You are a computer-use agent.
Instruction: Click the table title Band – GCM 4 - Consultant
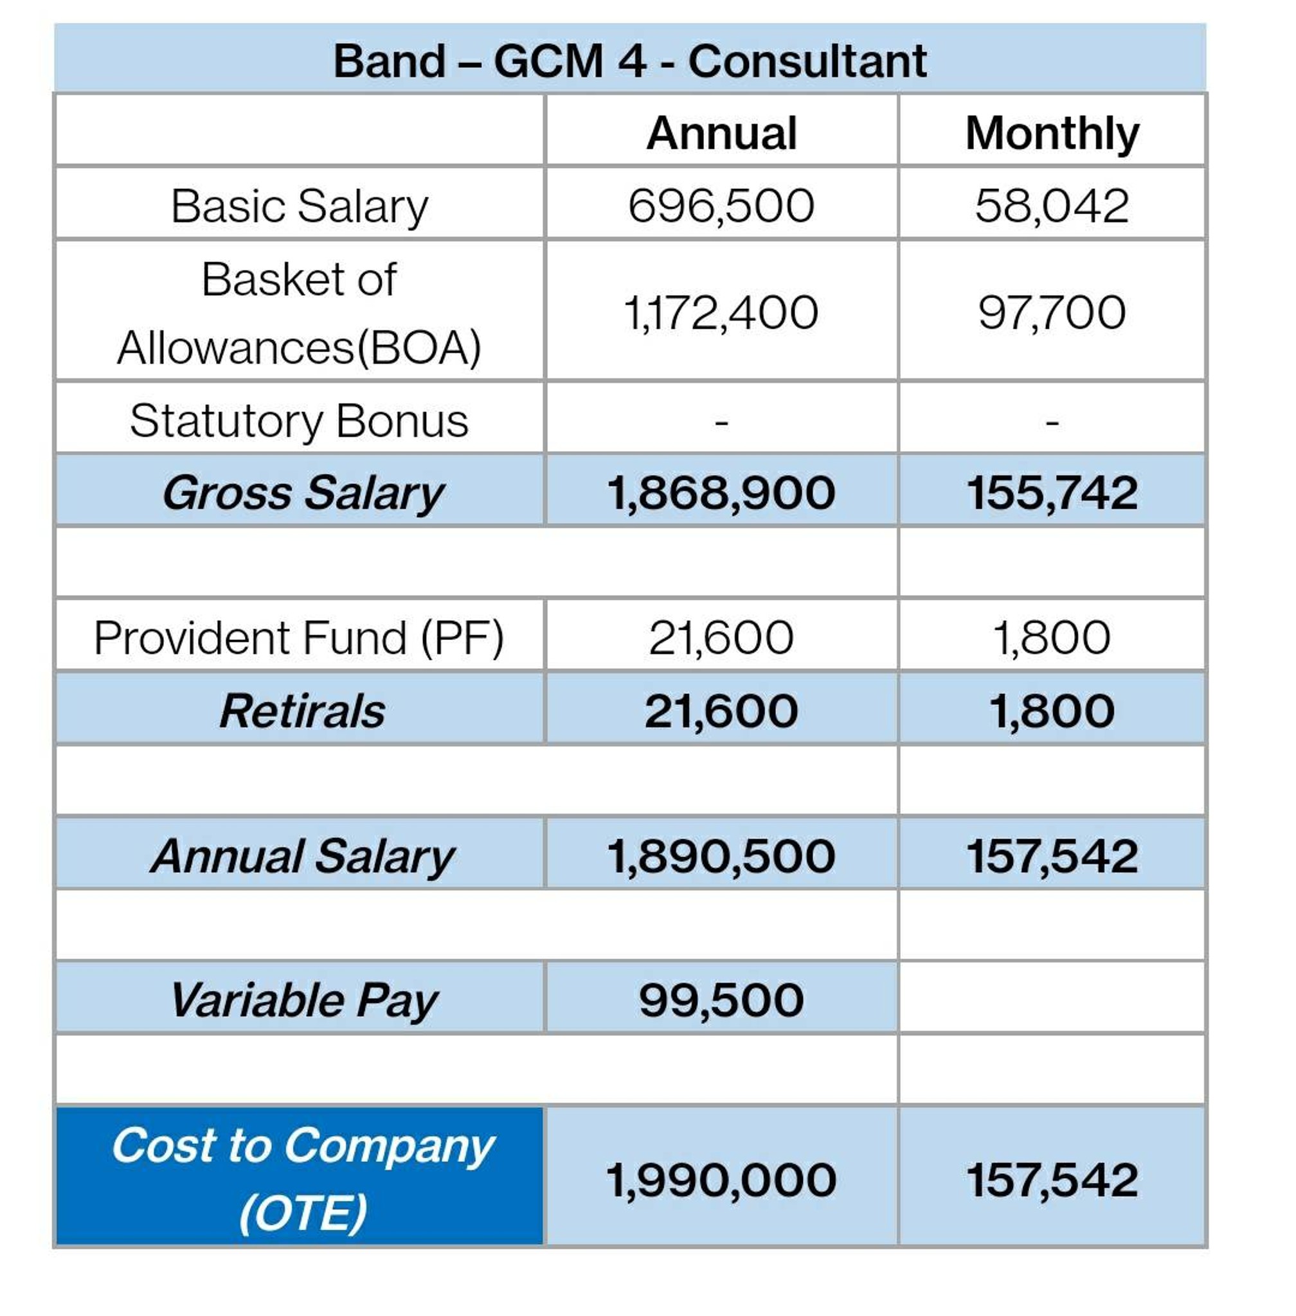point(629,61)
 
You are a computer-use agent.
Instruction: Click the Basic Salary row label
point(300,207)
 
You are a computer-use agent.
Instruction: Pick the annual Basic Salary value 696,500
point(721,206)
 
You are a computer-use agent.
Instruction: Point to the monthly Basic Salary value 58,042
point(1052,206)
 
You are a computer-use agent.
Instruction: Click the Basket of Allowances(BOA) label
point(300,313)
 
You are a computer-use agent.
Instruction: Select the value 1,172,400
point(721,313)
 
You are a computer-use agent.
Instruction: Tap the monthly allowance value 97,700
point(1052,313)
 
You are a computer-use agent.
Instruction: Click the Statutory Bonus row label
point(300,420)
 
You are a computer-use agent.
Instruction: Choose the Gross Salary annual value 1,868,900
point(721,493)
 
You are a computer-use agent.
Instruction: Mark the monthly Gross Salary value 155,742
point(1052,493)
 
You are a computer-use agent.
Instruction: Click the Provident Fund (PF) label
point(300,638)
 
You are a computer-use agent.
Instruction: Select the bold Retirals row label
point(302,711)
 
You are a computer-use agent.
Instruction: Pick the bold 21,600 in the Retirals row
point(721,712)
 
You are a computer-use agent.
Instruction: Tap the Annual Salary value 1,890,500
point(721,856)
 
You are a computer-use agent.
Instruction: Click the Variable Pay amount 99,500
point(721,1000)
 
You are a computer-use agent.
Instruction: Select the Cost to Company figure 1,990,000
point(721,1180)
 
